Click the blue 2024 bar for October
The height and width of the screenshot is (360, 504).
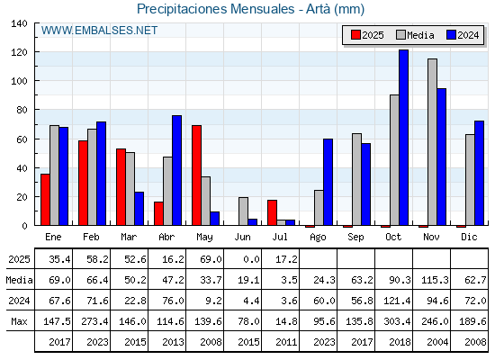(x=404, y=138)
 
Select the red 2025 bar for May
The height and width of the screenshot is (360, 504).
(x=197, y=175)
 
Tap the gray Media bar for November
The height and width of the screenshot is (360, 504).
(x=432, y=142)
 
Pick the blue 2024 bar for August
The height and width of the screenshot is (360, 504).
(x=328, y=182)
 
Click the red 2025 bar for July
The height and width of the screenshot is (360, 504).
(x=272, y=212)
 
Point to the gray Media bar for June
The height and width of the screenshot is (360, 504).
(x=244, y=211)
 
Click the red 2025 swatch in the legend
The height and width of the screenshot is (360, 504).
(x=355, y=35)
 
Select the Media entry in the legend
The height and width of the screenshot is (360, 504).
(x=415, y=35)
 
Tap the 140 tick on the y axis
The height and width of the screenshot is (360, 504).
(x=19, y=23)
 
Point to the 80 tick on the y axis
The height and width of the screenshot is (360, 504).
(x=22, y=110)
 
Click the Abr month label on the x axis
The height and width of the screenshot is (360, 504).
(x=166, y=238)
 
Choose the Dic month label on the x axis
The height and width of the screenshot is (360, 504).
(x=469, y=238)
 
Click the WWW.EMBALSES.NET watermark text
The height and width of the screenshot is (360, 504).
(x=99, y=31)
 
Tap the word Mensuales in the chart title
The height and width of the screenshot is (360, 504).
(x=262, y=9)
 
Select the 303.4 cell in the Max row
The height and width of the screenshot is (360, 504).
(x=397, y=321)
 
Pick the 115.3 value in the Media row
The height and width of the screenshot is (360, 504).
(x=435, y=280)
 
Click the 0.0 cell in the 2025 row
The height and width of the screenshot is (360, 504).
(x=252, y=259)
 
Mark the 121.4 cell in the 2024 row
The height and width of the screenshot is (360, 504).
(x=397, y=301)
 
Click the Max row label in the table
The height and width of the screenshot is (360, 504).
(x=19, y=321)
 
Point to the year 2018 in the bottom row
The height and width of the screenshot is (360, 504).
(x=400, y=342)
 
